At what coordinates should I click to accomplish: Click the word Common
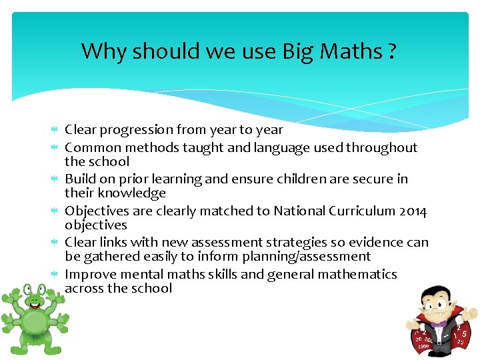93,147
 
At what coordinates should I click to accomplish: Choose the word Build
81,179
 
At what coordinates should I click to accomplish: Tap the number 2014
412,211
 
